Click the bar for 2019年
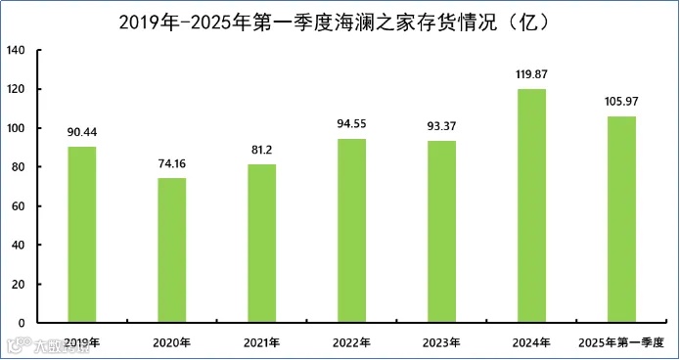pyautogui.click(x=82, y=235)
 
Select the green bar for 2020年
pyautogui.click(x=172, y=250)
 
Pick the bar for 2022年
pyautogui.click(x=352, y=231)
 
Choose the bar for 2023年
pyautogui.click(x=442, y=232)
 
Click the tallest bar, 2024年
pyautogui.click(x=532, y=206)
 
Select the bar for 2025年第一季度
pyautogui.click(x=622, y=220)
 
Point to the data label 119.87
pyautogui.click(x=532, y=74)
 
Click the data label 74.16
pyautogui.click(x=172, y=163)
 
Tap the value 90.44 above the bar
pyautogui.click(x=82, y=132)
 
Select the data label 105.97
pyautogui.click(x=622, y=102)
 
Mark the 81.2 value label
pyautogui.click(x=262, y=150)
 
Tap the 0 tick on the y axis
pyautogui.click(x=24, y=323)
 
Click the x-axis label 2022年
pyautogui.click(x=352, y=343)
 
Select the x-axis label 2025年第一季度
pyautogui.click(x=622, y=343)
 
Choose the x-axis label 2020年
pyautogui.click(x=172, y=343)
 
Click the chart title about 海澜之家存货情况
pyautogui.click(x=340, y=21)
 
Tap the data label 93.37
pyautogui.click(x=442, y=126)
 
